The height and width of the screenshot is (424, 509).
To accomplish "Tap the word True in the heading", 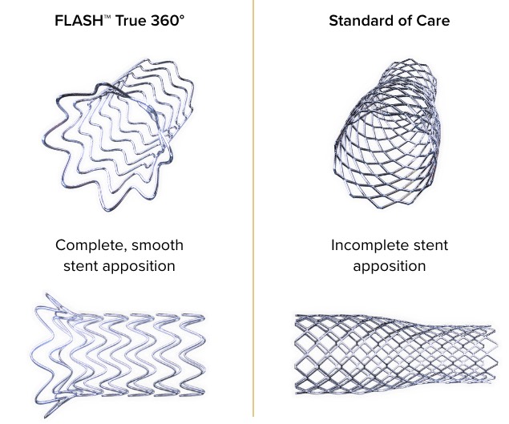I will [129, 22].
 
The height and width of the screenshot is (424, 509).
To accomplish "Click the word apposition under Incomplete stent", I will [389, 265].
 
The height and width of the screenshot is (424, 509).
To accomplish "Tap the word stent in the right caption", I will [430, 244].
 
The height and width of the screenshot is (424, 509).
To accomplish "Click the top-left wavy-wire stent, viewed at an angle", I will [120, 132].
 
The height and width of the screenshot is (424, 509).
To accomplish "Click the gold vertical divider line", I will [254, 208].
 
